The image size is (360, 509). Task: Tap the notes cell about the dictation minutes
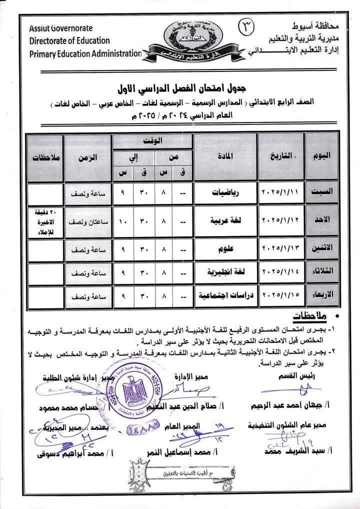click(x=46, y=220)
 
